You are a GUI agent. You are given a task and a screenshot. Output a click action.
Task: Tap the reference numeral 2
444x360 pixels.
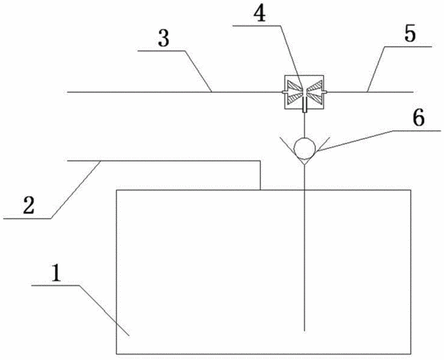click(x=29, y=205)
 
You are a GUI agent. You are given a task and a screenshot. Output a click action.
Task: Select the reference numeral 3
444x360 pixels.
click(x=164, y=38)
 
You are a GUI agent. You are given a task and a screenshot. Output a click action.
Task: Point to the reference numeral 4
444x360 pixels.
click(x=259, y=14)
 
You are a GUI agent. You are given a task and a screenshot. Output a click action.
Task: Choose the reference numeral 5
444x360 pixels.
click(x=410, y=34)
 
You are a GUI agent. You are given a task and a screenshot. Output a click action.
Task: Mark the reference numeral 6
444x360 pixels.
click(x=418, y=118)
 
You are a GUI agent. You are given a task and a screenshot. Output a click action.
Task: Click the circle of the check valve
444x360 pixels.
click(x=305, y=147)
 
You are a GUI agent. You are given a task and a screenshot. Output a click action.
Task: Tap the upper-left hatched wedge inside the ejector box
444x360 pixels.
click(x=294, y=86)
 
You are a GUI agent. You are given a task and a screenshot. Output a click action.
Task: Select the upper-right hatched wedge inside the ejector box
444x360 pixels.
click(x=314, y=86)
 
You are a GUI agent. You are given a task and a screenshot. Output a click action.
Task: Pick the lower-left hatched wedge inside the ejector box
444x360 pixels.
click(x=294, y=98)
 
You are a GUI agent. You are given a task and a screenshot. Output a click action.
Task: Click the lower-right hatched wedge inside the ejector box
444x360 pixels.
click(x=314, y=98)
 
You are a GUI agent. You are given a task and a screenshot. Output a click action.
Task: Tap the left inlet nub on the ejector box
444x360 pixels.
click(x=283, y=92)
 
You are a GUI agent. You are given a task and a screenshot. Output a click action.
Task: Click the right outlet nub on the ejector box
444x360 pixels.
click(x=325, y=92)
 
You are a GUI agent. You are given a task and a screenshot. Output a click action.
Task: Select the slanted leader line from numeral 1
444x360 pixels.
click(x=104, y=310)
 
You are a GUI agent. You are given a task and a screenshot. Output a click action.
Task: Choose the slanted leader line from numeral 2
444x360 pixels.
click(x=76, y=190)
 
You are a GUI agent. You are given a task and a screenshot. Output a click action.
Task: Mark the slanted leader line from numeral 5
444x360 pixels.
click(x=376, y=69)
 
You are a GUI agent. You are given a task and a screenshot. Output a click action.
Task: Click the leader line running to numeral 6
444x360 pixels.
click(x=354, y=142)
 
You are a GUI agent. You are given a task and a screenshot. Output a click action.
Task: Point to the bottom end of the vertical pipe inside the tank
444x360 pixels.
click(x=305, y=331)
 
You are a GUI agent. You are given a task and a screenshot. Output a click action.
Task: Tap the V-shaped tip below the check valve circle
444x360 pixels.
click(x=305, y=165)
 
